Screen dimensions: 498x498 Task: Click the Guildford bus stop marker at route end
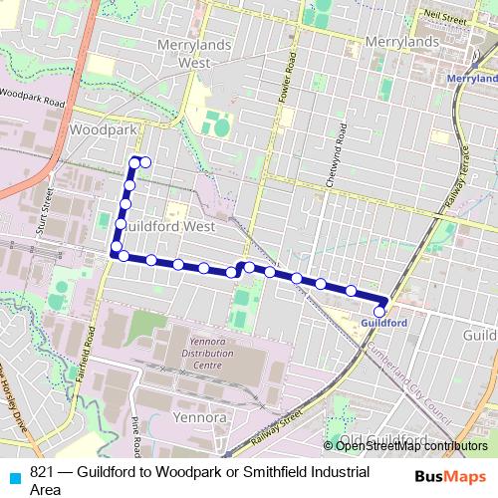click(x=379, y=311)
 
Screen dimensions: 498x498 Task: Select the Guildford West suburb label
click(x=169, y=226)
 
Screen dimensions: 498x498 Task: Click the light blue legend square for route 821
click(x=13, y=474)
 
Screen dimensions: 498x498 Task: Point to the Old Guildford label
click(x=382, y=439)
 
